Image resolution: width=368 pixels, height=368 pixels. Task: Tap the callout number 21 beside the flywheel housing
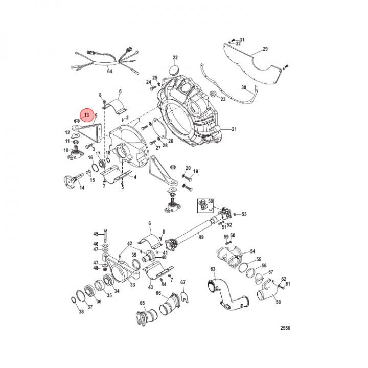tap(235, 129)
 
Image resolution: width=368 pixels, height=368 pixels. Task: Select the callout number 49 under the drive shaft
tap(201, 238)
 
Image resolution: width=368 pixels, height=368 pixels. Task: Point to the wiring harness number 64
tap(109, 72)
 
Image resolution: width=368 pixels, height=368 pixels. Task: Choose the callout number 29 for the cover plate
tap(265, 49)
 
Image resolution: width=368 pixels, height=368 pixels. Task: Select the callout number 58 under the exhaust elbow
tap(279, 302)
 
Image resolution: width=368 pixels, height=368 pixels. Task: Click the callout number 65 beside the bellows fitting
tap(143, 303)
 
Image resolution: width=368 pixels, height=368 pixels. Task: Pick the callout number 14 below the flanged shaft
tap(82, 188)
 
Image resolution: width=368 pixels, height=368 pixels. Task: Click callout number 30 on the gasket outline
tap(244, 88)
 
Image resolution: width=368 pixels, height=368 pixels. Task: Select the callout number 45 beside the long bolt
tap(96, 234)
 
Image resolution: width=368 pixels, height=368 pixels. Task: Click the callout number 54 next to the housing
tap(252, 251)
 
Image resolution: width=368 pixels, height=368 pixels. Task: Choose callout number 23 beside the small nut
tap(223, 100)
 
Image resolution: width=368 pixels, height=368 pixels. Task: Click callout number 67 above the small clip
tap(183, 283)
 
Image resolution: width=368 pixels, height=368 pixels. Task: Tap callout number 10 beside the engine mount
tap(66, 150)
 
